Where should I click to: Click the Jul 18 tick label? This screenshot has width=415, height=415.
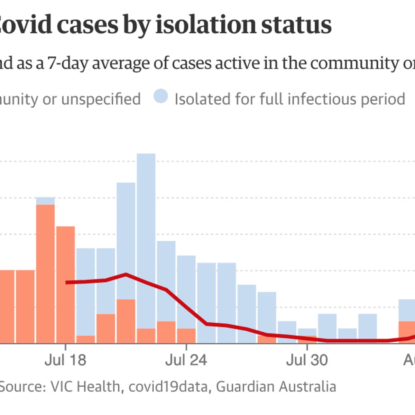pos(65,360)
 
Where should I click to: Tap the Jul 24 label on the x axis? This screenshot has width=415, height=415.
pos(186,360)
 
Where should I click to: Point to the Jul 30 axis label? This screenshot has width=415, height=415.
pos(307,360)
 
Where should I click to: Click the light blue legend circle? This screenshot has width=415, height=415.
pos(161,96)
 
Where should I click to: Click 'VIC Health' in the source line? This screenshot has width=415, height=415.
pos(85,386)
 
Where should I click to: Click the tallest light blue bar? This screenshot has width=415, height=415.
pos(146,242)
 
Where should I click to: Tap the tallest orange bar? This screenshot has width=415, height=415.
pos(45,273)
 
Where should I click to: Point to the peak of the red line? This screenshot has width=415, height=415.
pos(126,274)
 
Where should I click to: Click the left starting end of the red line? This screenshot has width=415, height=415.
pos(66,283)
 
